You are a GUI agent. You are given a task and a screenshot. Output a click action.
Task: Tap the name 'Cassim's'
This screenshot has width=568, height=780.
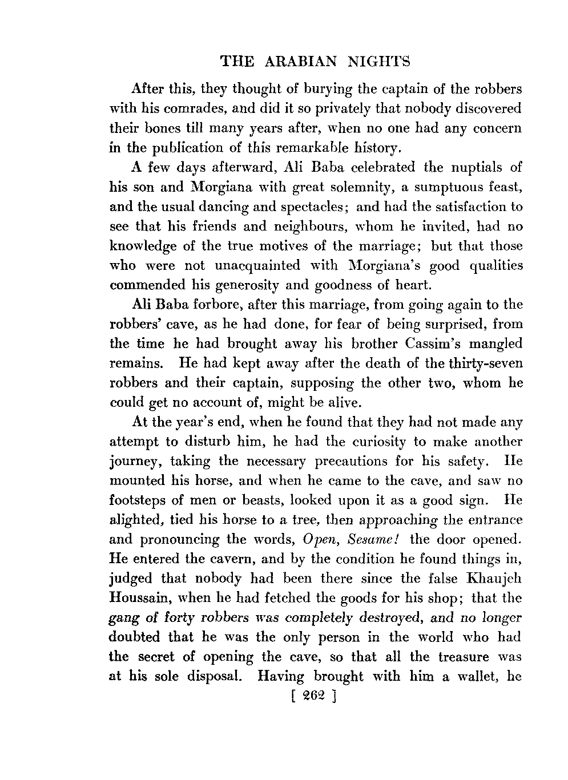pos(422,343)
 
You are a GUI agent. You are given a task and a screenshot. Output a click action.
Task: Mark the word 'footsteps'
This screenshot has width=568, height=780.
pos(138,500)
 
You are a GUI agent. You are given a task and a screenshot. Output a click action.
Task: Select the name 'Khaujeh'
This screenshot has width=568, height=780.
pos(494,578)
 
